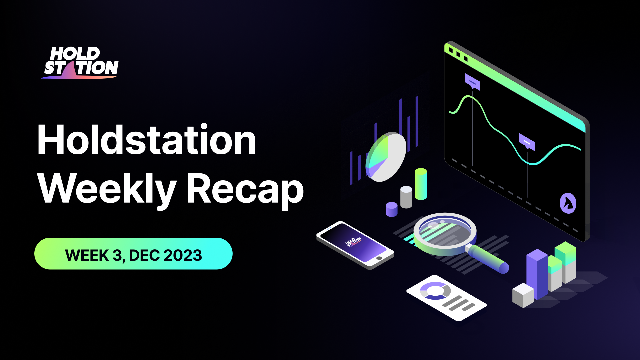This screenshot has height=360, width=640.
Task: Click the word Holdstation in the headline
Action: (x=147, y=140)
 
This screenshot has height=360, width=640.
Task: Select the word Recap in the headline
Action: (x=245, y=189)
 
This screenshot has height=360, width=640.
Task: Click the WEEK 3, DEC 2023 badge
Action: (x=133, y=254)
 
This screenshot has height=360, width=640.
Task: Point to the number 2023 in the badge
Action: (x=183, y=255)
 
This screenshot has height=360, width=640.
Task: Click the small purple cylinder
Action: (x=391, y=209)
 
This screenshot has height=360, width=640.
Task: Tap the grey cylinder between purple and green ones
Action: (x=406, y=197)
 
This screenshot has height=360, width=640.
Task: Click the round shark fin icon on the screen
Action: (x=568, y=203)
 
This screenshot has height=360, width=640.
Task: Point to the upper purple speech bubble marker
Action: (x=472, y=81)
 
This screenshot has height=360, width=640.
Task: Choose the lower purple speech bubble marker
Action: (x=527, y=142)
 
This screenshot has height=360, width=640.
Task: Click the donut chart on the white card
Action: (x=435, y=291)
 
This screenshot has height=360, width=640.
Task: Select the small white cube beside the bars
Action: (x=523, y=295)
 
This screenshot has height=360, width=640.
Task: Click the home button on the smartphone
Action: (x=379, y=258)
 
